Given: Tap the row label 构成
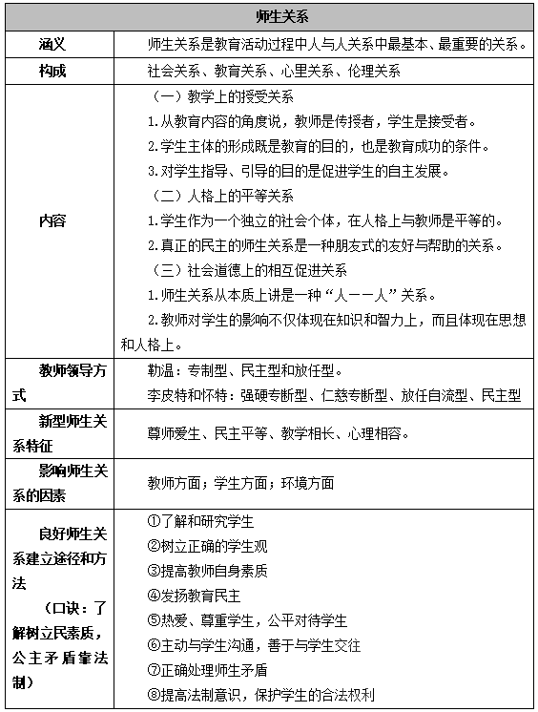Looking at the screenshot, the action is click(x=52, y=72).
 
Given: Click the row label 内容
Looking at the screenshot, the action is click(x=52, y=220).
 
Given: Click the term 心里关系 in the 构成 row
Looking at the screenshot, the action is click(x=307, y=72).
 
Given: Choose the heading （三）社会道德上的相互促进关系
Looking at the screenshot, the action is click(x=252, y=269).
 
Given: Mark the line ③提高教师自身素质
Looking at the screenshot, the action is click(x=207, y=571).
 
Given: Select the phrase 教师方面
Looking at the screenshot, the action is click(x=177, y=483).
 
